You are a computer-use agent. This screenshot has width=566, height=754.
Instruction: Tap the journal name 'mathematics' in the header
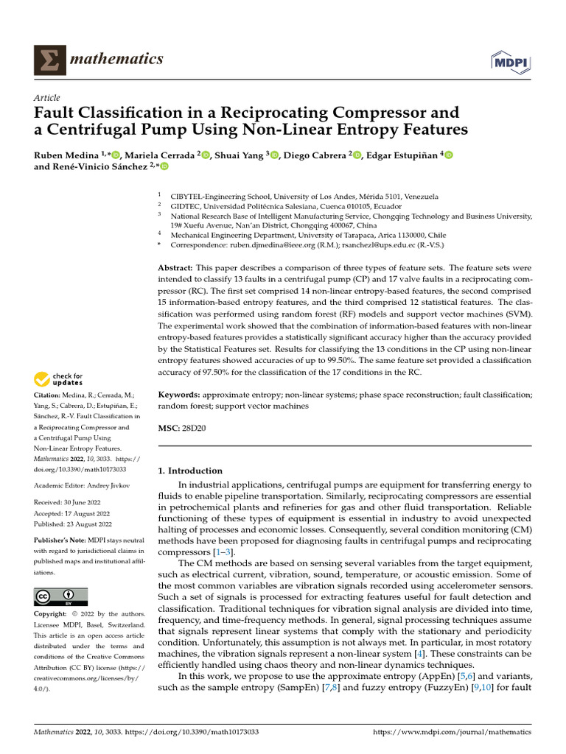pyautogui.click(x=115, y=59)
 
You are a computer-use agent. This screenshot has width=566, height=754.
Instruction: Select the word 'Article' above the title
pyautogui.click(x=47, y=98)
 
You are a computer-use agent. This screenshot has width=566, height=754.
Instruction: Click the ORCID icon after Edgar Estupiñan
pyautogui.click(x=447, y=155)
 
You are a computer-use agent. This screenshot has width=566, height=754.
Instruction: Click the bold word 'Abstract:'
pyautogui.click(x=176, y=268)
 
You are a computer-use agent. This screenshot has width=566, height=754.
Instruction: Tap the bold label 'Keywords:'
pyautogui.click(x=179, y=395)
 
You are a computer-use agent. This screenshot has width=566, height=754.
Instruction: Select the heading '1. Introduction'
pyautogui.click(x=191, y=471)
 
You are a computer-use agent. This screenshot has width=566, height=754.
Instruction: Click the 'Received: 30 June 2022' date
pyautogui.click(x=73, y=503)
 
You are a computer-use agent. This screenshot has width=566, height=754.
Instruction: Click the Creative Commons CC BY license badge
pyautogui.click(x=60, y=596)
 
